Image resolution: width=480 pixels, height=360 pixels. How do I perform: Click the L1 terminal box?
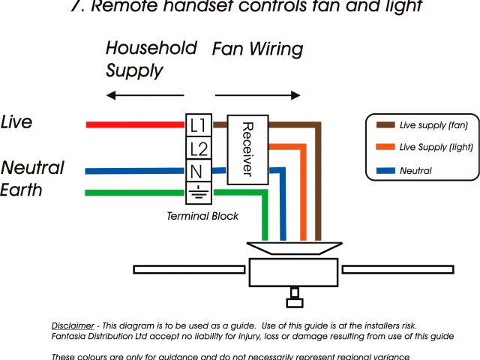pyautogui.click(x=198, y=124)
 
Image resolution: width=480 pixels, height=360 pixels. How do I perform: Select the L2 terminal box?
pyautogui.click(x=198, y=148)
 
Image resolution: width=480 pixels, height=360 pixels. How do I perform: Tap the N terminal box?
pyautogui.click(x=198, y=170)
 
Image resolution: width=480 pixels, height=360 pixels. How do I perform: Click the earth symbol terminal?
pyautogui.click(x=198, y=193)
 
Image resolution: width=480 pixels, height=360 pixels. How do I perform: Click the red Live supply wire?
pyautogui.click(x=135, y=124)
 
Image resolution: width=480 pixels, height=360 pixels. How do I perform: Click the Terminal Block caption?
pyautogui.click(x=202, y=216)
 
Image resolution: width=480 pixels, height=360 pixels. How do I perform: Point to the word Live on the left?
pyautogui.click(x=17, y=121)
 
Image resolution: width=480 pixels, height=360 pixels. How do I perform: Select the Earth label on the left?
pyautogui.click(x=22, y=190)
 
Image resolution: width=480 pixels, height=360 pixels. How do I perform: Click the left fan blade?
pyautogui.click(x=187, y=268)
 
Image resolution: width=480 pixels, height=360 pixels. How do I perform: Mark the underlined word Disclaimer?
pyautogui.click(x=73, y=325)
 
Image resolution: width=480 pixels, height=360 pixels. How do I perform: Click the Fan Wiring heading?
pyautogui.click(x=257, y=49)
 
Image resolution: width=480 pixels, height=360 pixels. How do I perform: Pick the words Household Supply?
pyautogui.click(x=150, y=59)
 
